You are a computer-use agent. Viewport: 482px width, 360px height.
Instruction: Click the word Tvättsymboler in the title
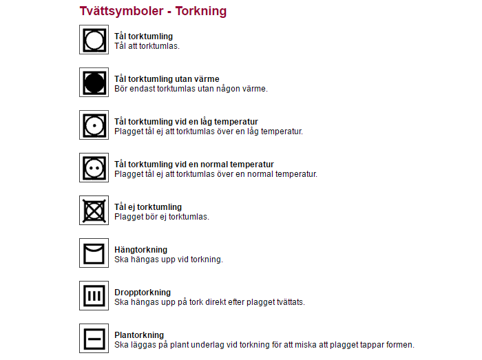tap(121, 11)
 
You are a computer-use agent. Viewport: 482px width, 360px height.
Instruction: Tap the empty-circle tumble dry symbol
tap(94, 40)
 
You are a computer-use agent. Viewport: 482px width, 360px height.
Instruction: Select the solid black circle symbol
tap(94, 83)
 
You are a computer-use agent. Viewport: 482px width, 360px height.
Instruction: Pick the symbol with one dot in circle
tap(94, 125)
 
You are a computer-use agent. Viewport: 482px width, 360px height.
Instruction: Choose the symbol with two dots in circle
tap(94, 168)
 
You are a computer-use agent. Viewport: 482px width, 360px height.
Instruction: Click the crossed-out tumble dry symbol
tap(94, 211)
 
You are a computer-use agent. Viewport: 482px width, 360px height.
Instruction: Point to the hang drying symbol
tap(94, 253)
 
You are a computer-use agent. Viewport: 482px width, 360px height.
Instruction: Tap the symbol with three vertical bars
tap(94, 296)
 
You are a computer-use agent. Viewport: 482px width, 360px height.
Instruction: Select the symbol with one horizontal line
tap(94, 339)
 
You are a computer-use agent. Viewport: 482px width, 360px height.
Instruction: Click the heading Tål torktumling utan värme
tap(167, 79)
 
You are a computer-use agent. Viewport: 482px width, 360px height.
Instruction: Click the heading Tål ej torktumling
tap(148, 207)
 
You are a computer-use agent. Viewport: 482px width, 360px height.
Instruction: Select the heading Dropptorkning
tap(143, 293)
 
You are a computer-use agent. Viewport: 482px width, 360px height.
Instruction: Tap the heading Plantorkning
tap(139, 335)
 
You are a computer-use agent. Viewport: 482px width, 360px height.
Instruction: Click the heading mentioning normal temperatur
tap(194, 165)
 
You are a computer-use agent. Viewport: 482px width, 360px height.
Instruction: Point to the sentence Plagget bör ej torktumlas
tap(162, 217)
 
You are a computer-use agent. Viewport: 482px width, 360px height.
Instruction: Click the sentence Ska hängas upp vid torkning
tap(169, 260)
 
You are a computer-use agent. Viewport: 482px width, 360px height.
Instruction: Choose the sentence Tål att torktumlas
tap(147, 46)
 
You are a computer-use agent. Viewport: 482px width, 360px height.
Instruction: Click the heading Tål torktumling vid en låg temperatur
tap(186, 122)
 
